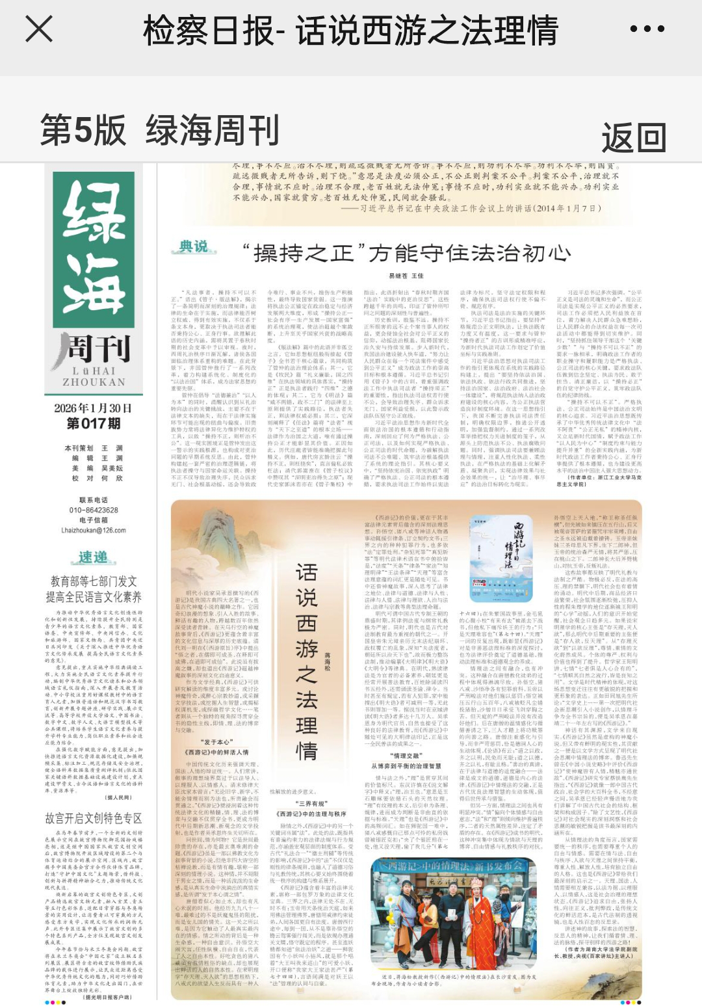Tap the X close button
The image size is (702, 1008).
point(39,29)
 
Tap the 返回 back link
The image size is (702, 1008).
point(633,137)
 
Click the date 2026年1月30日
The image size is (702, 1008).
point(93,408)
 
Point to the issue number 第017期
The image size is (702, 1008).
point(94,424)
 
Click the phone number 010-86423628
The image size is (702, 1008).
point(94,511)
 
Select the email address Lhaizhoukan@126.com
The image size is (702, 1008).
point(94,530)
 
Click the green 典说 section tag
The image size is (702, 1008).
point(194,246)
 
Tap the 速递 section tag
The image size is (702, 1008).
point(94,558)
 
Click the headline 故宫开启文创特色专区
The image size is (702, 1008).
point(94,818)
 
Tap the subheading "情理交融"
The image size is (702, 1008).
point(408,756)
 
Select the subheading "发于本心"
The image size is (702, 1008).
point(216,742)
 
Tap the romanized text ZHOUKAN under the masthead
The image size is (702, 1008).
point(94,382)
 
